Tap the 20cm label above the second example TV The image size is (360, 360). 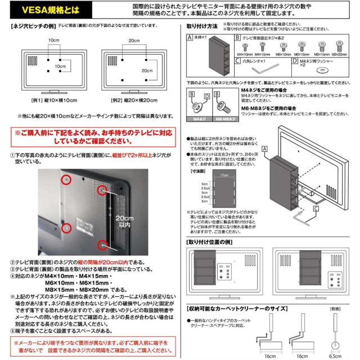[x=132, y=41]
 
